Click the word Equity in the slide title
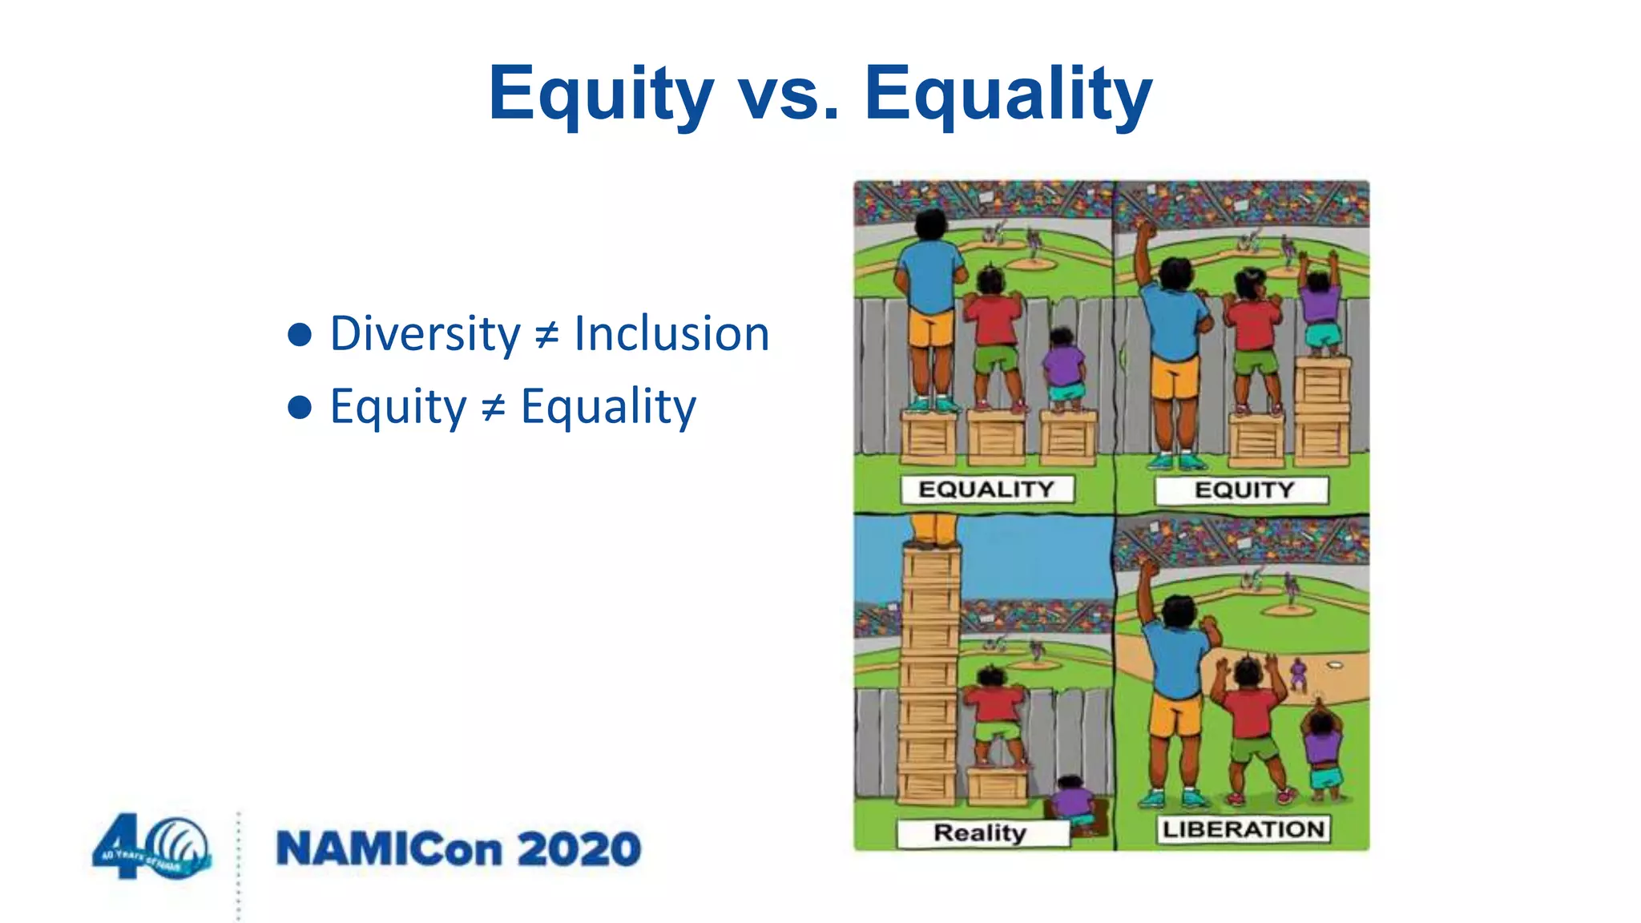[600, 95]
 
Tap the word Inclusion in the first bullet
[671, 333]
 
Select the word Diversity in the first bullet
[425, 333]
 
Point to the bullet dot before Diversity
[299, 334]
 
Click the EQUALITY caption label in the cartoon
[986, 489]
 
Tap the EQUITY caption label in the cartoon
[1243, 490]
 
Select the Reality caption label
[980, 832]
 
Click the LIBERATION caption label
[1243, 829]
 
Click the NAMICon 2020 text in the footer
[458, 849]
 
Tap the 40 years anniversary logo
[151, 848]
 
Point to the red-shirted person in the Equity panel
[1254, 337]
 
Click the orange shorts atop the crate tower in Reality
[933, 529]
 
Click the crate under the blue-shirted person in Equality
[929, 437]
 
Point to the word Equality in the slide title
[1008, 95]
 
